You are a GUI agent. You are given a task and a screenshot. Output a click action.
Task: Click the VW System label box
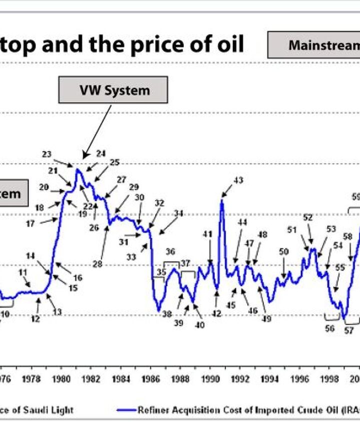click(x=113, y=90)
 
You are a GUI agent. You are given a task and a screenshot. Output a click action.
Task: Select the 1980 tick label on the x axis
click(x=61, y=379)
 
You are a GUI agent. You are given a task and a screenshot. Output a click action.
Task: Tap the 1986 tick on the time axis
click(x=150, y=379)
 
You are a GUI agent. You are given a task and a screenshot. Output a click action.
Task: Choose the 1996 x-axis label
click(x=299, y=379)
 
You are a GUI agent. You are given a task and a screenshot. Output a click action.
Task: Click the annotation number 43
click(x=238, y=180)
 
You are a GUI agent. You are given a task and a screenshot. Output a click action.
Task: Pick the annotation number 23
click(x=47, y=155)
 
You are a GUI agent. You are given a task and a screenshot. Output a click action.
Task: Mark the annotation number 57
click(x=348, y=331)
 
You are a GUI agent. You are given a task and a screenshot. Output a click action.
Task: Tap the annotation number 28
click(x=97, y=264)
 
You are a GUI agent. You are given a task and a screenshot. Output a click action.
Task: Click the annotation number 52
click(x=308, y=218)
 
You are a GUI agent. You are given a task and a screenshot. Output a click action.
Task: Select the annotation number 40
click(x=199, y=325)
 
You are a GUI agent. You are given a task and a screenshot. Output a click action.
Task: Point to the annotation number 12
click(x=35, y=319)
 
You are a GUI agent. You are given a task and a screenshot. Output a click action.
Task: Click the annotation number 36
click(x=170, y=251)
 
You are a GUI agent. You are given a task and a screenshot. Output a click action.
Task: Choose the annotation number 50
click(x=284, y=252)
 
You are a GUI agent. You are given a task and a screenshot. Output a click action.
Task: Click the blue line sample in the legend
click(x=126, y=410)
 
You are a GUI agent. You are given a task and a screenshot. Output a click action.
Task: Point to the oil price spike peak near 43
click(x=221, y=201)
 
